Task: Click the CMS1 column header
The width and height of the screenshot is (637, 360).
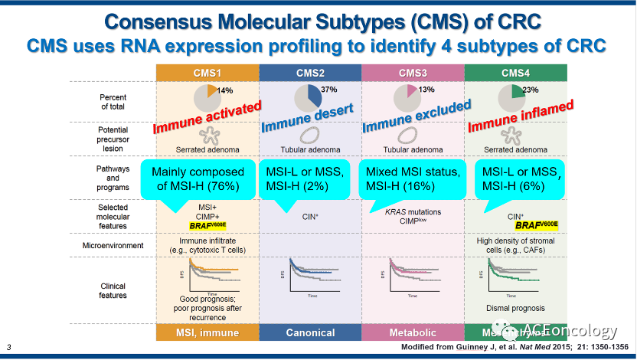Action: point(207,73)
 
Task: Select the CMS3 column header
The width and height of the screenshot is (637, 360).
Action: point(412,73)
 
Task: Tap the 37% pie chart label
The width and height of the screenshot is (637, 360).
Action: point(329,90)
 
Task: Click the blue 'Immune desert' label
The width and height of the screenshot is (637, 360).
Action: point(307,118)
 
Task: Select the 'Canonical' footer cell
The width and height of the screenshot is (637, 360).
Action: point(310,332)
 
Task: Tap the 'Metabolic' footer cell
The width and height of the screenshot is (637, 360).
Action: point(412,332)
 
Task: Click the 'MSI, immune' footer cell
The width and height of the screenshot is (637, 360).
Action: point(207,332)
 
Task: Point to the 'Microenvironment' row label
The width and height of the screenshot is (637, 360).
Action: point(113,245)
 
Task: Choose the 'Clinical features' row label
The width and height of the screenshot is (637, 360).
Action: point(113,290)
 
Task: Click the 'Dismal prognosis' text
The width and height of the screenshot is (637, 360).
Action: point(514,309)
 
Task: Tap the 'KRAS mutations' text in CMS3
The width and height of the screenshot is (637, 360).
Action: point(412,208)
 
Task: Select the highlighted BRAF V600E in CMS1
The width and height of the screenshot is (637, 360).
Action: point(207,227)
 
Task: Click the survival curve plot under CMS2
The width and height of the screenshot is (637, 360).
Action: point(309,280)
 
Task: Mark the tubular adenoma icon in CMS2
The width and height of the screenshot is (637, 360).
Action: point(309,136)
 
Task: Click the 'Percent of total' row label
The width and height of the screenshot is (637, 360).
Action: point(113,102)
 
